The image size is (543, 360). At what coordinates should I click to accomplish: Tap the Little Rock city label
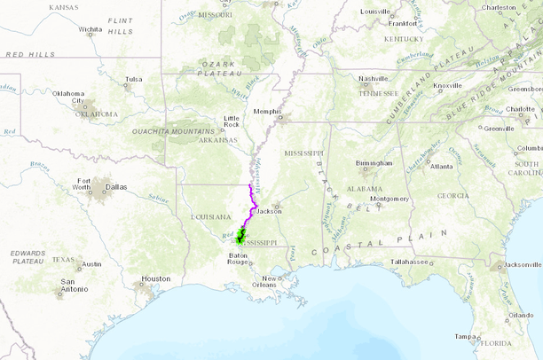click(232, 121)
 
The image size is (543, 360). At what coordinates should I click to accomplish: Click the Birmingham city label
click(374, 163)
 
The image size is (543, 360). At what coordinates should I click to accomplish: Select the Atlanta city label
click(441, 167)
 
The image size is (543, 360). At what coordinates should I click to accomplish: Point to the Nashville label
click(374, 78)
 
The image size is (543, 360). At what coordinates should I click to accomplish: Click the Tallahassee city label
click(409, 262)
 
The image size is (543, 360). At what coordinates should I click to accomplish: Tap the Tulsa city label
click(133, 79)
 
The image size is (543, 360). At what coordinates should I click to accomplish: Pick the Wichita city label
click(90, 29)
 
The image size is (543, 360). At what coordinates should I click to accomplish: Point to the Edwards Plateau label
click(28, 257)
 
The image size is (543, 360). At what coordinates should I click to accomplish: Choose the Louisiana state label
click(211, 216)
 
